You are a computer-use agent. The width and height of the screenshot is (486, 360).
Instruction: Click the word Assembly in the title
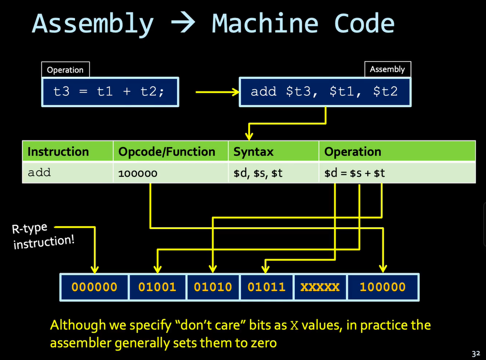click(93, 24)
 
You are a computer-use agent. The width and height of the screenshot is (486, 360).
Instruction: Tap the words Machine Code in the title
click(303, 24)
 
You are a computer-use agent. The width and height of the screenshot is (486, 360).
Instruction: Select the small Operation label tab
click(65, 70)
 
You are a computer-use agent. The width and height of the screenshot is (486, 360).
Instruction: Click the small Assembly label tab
click(387, 69)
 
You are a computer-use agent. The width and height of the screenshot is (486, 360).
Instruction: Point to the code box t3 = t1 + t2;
click(109, 92)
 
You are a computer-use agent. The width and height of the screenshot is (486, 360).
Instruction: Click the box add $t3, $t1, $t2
click(324, 92)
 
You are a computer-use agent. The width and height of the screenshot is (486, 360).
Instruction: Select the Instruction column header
click(58, 152)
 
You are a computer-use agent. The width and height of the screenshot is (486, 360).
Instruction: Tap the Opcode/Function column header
click(167, 152)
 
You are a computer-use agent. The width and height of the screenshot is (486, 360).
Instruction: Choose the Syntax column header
click(253, 152)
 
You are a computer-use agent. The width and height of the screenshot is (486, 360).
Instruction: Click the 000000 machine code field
click(94, 287)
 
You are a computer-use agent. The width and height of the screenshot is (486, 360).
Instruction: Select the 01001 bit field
click(157, 287)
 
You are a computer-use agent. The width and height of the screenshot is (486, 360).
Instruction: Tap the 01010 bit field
click(213, 287)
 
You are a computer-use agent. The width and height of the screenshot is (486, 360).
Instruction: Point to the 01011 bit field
click(267, 287)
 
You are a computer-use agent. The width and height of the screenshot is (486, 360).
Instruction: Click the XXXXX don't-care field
click(320, 287)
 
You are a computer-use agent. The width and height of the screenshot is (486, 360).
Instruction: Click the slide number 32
click(476, 353)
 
